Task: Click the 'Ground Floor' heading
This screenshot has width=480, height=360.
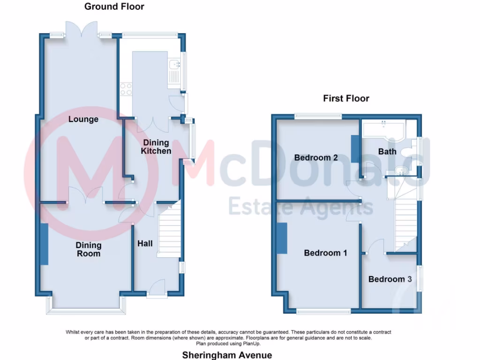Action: (x=114, y=7)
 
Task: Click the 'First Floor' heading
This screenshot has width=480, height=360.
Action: (x=346, y=98)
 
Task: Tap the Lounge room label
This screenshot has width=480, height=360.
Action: (x=83, y=119)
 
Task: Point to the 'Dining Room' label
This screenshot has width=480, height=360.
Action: (x=89, y=249)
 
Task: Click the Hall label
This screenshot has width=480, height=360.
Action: (x=145, y=244)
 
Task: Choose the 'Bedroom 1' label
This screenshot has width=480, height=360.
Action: (x=325, y=253)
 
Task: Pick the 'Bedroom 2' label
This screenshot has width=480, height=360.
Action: (x=316, y=157)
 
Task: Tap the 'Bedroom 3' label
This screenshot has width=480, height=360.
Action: (x=390, y=279)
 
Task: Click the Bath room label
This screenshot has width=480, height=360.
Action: (x=387, y=151)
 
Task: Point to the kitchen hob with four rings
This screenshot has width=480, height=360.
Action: (x=126, y=89)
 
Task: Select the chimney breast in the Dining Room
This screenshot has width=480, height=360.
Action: (x=44, y=244)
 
